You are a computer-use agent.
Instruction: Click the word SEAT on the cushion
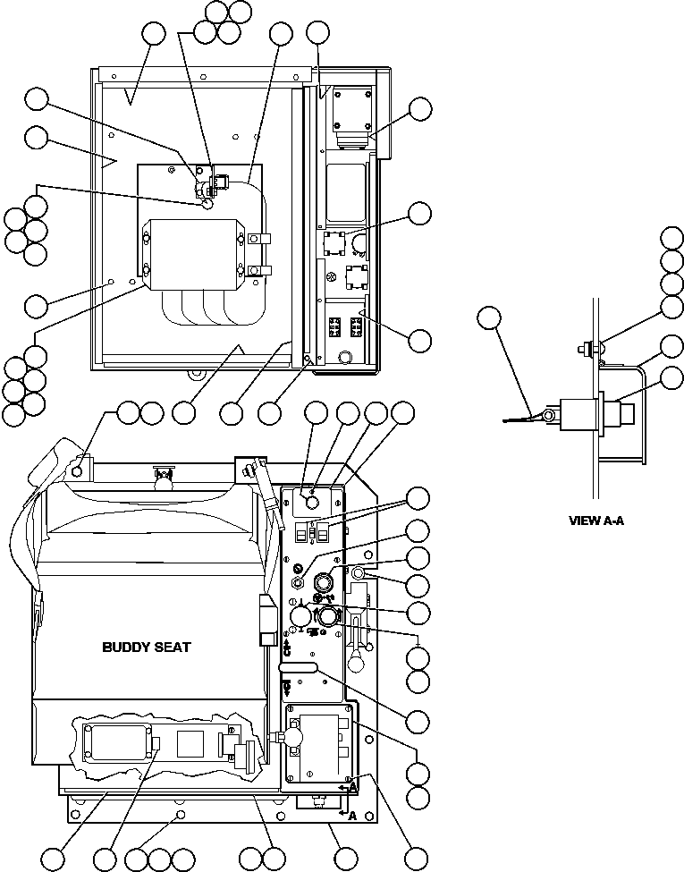[170, 648]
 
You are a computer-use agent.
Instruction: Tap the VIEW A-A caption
[596, 520]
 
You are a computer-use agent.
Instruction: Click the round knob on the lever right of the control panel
[355, 662]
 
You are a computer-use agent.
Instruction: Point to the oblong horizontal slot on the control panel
[300, 667]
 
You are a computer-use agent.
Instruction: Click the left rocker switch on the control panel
[301, 534]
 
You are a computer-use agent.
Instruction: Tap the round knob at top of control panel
[311, 504]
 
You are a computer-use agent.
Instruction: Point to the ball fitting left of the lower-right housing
[292, 735]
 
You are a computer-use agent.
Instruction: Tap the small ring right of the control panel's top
[359, 572]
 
